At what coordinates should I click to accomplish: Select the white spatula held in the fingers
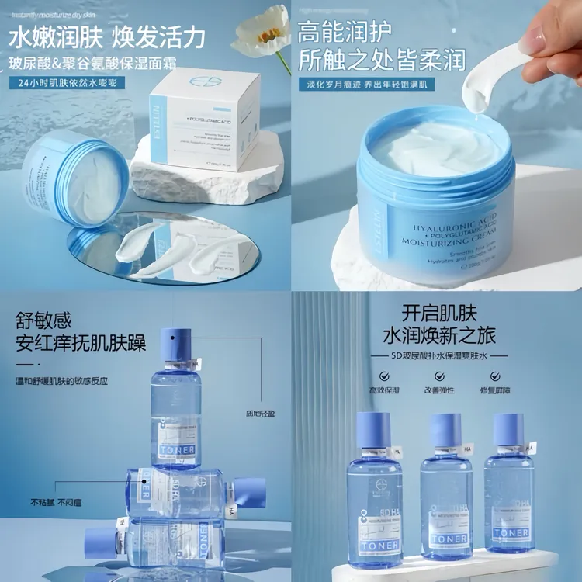click(497, 78)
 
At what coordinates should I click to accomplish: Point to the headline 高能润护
click(345, 32)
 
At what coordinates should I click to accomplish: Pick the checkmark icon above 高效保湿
click(379, 376)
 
